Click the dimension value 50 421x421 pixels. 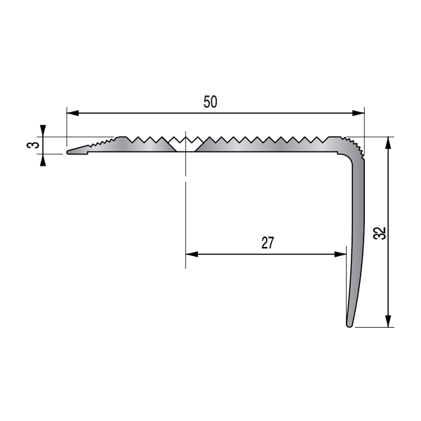[x=210, y=102]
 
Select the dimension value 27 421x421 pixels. [x=267, y=243]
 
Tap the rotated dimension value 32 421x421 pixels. [x=380, y=233]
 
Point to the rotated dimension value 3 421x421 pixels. [x=30, y=145]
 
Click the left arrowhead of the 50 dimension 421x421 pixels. [x=72, y=113]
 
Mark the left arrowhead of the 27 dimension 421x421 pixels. [x=191, y=254]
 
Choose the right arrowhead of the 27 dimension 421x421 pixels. [x=342, y=254]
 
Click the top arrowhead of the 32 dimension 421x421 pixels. [x=388, y=142]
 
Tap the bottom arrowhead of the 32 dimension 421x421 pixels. [x=388, y=323]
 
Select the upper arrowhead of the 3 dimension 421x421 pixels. [x=44, y=130]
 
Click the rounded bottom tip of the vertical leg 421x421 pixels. [x=349, y=324]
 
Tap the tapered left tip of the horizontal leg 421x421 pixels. [x=70, y=151]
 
